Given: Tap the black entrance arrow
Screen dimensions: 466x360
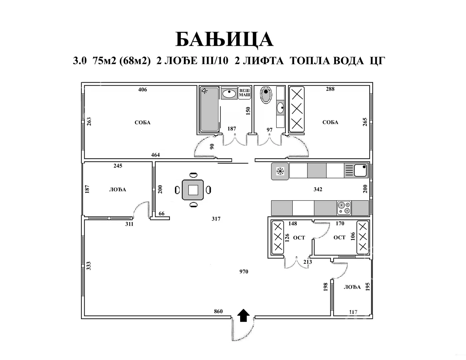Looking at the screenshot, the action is (x=243, y=315).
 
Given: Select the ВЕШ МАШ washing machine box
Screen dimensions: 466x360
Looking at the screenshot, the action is (x=244, y=93).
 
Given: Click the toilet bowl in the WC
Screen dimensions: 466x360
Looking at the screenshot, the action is (x=266, y=95).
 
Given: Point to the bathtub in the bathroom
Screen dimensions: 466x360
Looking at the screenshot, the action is (x=210, y=109).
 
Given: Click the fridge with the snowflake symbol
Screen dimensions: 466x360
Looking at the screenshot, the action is (x=280, y=171).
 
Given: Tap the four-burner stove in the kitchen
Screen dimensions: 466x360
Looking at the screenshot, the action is (x=344, y=208).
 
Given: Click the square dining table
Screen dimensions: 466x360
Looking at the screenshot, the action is (x=193, y=190).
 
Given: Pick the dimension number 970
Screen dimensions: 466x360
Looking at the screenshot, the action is (x=243, y=272).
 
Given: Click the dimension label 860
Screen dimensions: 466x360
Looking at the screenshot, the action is (x=218, y=311).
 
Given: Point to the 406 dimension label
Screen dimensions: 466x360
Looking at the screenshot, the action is (x=143, y=89).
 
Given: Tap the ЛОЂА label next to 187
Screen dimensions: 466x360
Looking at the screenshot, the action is (x=118, y=190).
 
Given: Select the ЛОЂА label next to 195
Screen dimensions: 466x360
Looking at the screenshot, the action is (x=352, y=287).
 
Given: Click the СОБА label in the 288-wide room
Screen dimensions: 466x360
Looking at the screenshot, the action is (x=330, y=122).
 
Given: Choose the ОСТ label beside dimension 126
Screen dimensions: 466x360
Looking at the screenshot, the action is (x=299, y=238).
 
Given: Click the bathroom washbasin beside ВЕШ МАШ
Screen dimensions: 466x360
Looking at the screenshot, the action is (x=229, y=94).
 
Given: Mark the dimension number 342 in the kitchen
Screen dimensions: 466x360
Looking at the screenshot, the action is (x=318, y=189).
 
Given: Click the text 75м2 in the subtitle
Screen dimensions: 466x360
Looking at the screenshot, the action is (x=104, y=61).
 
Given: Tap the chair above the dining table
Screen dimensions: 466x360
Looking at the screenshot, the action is (x=194, y=175).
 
